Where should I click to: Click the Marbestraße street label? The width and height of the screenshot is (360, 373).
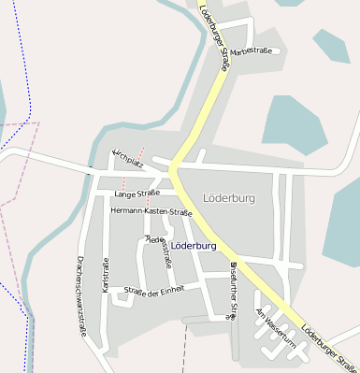click(251, 50)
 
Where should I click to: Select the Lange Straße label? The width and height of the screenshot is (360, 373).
click(137, 194)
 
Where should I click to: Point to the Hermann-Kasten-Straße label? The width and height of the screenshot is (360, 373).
click(144, 212)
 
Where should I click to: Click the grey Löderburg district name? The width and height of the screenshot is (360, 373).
click(228, 198)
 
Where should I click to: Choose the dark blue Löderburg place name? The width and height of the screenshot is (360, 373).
click(194, 245)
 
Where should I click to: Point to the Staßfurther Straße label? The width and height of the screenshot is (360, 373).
click(234, 290)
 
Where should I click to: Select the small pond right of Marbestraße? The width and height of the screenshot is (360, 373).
click(331, 45)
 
